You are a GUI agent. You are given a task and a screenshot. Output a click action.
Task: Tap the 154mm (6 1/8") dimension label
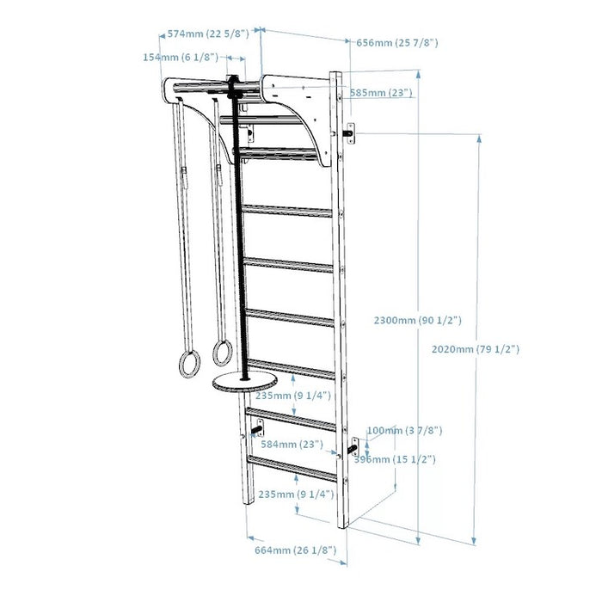[x=179, y=57]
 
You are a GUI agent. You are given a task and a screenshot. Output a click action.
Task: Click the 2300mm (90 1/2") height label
[x=418, y=320]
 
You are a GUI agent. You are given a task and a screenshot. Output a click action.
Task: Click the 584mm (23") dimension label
[x=292, y=445]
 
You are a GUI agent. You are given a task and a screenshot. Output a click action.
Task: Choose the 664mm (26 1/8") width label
[x=295, y=550]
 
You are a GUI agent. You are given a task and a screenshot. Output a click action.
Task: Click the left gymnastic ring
[x=188, y=363]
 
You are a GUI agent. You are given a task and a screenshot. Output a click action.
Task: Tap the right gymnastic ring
[x=218, y=354]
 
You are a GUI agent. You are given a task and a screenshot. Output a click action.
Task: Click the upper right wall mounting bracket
[x=349, y=132]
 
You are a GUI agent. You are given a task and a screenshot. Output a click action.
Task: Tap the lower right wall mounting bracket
[x=353, y=447]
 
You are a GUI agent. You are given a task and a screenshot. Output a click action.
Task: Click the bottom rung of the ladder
[x=292, y=469]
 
